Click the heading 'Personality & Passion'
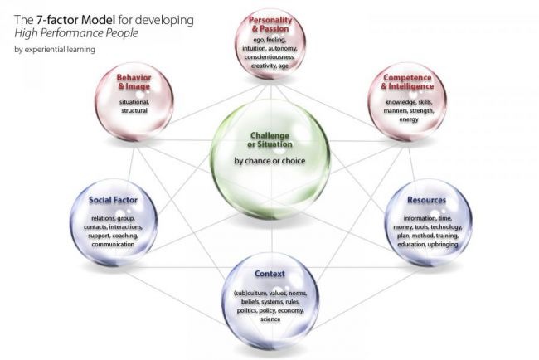(x=270, y=24)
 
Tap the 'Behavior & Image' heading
(x=134, y=82)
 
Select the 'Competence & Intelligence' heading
(x=407, y=82)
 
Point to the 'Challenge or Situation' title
(x=269, y=140)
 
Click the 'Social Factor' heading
(x=113, y=200)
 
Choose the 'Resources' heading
(x=426, y=200)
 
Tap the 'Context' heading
(x=269, y=274)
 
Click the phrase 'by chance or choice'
(x=269, y=161)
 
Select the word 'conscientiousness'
(x=269, y=57)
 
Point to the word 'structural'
(x=134, y=110)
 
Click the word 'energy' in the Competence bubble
(x=409, y=119)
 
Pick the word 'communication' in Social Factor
(x=113, y=244)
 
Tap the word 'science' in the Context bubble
(x=270, y=319)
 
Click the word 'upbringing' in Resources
(x=443, y=245)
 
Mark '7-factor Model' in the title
(x=76, y=20)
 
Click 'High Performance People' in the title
(x=76, y=33)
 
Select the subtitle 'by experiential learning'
(x=55, y=50)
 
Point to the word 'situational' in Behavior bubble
(x=134, y=102)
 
